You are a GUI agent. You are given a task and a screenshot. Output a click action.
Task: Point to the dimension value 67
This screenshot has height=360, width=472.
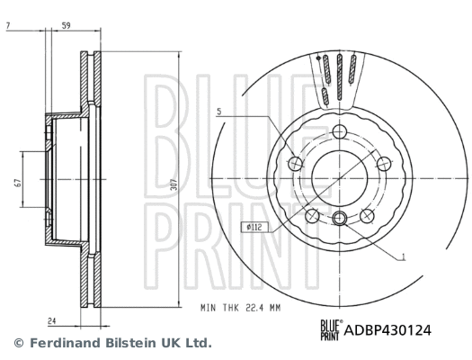coord(17,183)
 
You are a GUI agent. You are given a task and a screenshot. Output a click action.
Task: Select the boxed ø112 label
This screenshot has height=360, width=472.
coord(253,226)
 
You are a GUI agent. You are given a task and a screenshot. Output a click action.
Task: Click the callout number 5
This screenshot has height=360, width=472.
coord(218,112)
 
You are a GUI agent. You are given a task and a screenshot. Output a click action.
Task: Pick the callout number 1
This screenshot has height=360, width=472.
coord(403,258)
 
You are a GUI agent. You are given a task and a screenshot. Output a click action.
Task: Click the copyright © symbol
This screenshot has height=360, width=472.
coord(18,343)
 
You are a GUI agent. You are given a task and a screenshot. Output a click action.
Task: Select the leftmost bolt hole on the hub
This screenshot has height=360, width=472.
coord(297,163)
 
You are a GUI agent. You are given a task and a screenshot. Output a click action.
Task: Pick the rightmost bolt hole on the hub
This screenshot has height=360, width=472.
coord(383,163)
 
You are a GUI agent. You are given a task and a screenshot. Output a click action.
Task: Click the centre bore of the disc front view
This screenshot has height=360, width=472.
coord(340,176)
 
